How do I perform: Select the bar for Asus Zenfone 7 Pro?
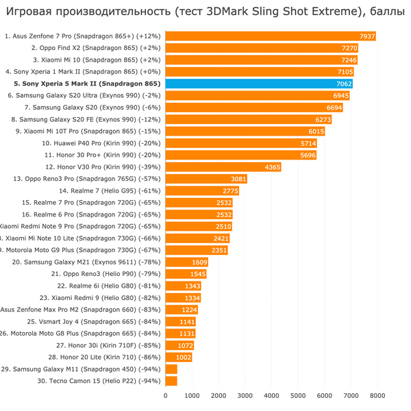(271, 36)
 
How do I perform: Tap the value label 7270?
(349, 48)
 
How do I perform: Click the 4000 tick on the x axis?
(271, 395)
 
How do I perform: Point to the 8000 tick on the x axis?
(377, 395)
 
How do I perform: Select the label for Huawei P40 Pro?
(100, 143)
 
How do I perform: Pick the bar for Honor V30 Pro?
(223, 167)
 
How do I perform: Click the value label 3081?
(238, 179)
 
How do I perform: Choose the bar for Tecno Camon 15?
(171, 381)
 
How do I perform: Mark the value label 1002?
(184, 357)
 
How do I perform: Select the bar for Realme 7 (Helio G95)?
(202, 190)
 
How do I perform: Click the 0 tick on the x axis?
(165, 395)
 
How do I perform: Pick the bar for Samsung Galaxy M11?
(171, 369)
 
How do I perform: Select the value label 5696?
(308, 155)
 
